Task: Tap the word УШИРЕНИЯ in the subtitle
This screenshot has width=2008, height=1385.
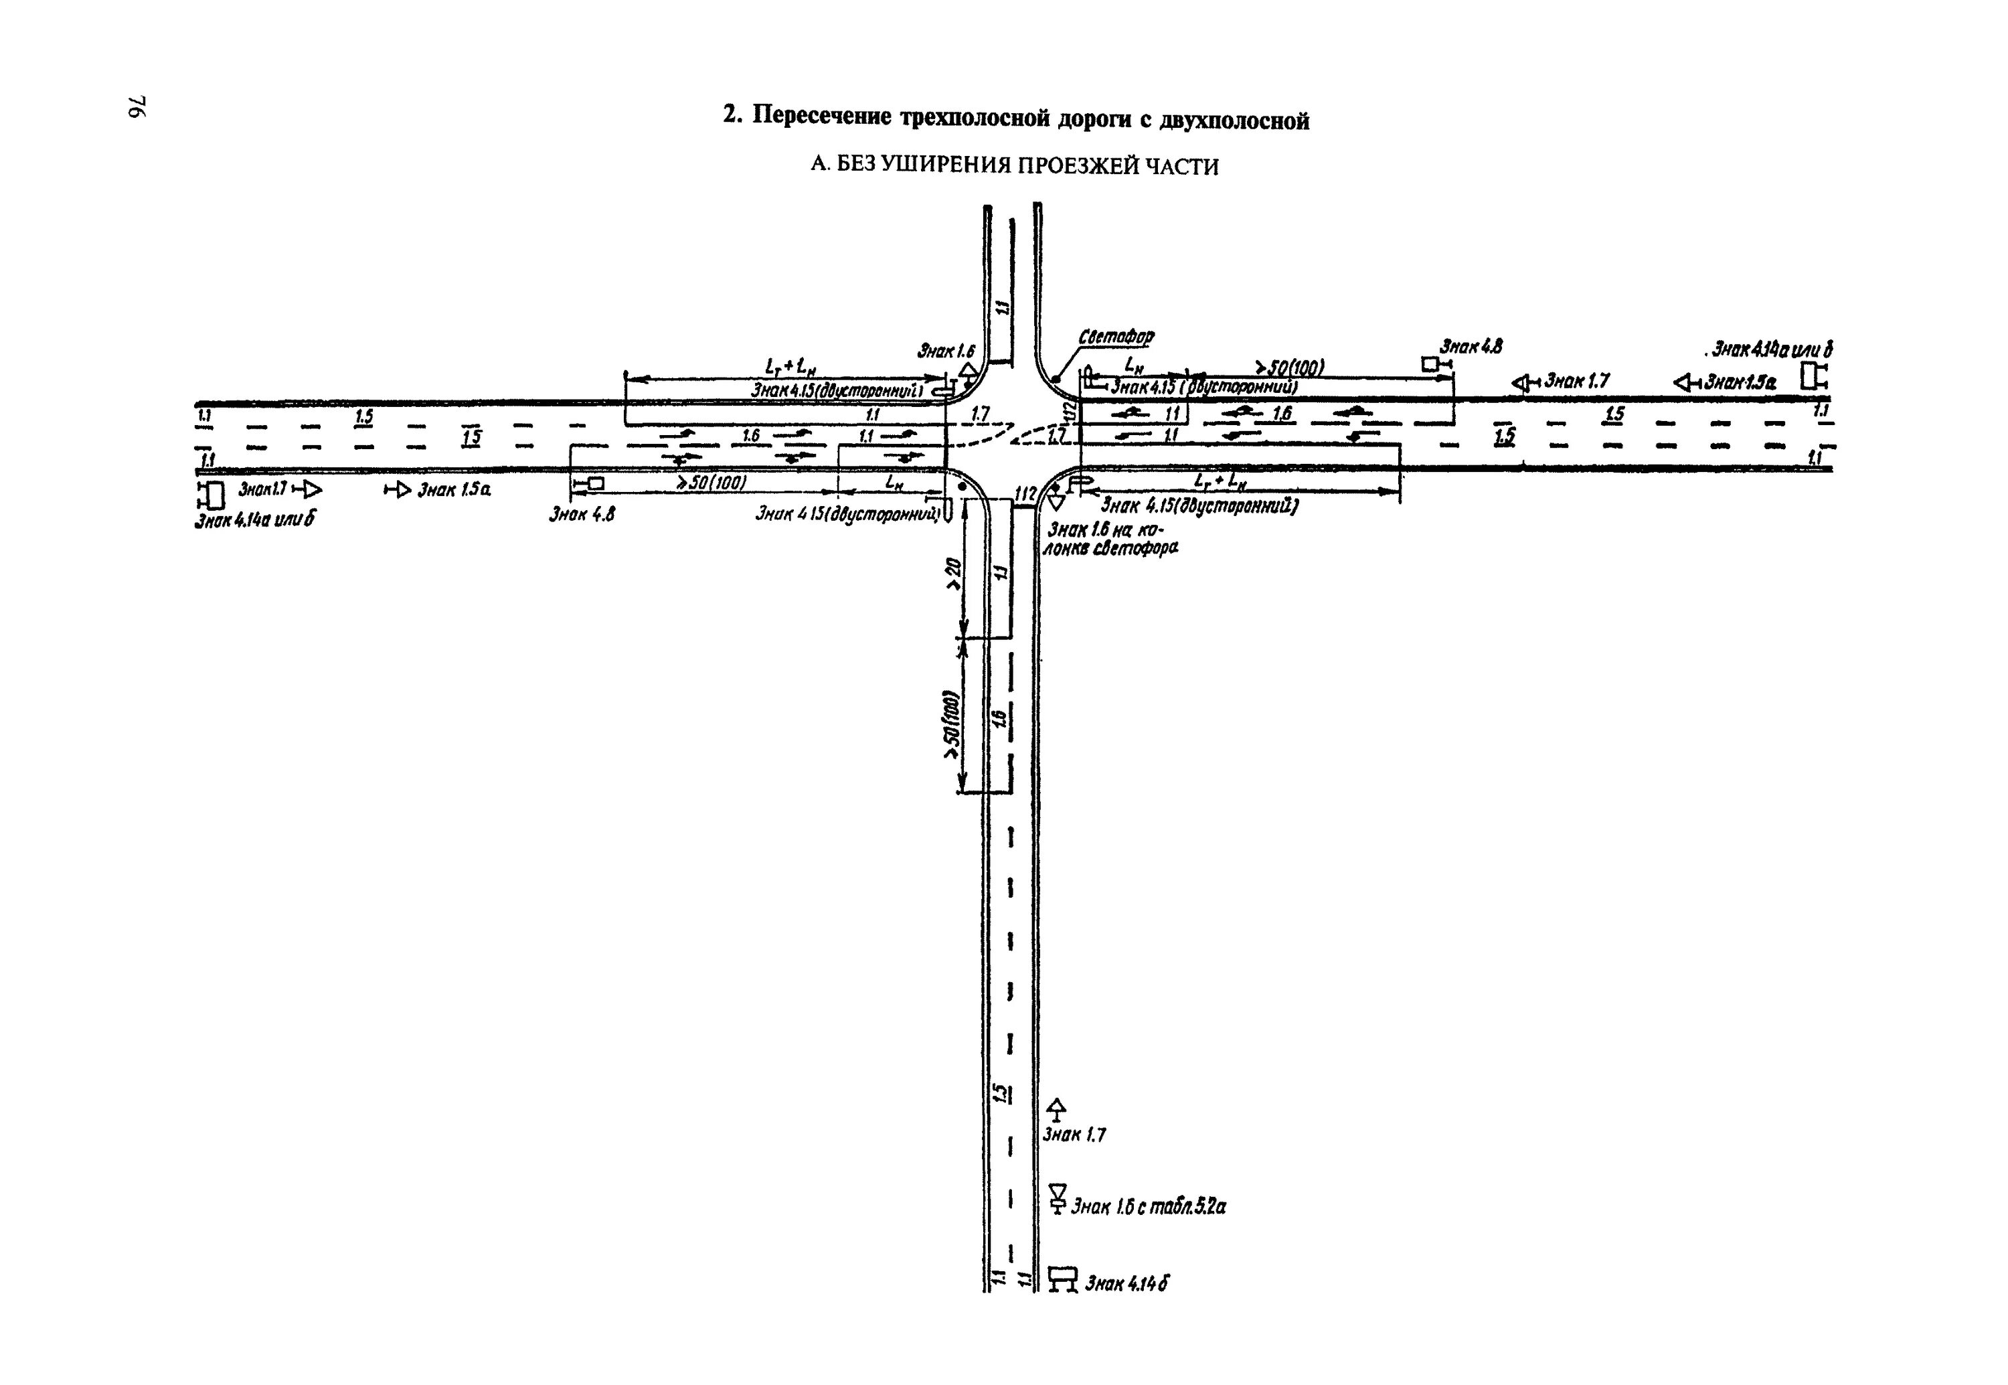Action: (946, 166)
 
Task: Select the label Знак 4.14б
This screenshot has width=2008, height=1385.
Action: (1126, 1283)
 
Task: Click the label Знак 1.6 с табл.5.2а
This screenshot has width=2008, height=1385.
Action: (1148, 1206)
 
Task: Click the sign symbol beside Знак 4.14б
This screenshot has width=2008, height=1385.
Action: (1062, 1279)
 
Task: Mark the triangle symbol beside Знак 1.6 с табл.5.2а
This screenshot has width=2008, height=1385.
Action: (1057, 1198)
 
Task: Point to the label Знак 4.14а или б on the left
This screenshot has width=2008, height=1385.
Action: (254, 521)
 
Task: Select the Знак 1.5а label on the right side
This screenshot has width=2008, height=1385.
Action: (1740, 382)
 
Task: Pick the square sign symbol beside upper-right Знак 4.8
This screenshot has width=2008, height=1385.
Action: (1430, 364)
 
